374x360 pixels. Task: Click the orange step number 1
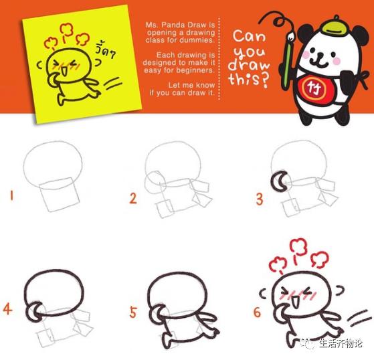click(x=11, y=196)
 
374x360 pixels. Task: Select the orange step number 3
click(x=259, y=198)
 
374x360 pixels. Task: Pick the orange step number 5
click(x=134, y=312)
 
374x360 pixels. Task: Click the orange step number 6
click(x=258, y=312)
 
